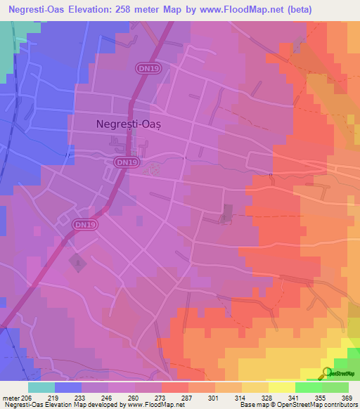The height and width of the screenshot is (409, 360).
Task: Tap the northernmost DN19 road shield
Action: [145, 67]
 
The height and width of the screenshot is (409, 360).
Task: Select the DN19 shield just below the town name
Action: [123, 162]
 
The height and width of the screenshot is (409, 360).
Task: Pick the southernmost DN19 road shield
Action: [83, 225]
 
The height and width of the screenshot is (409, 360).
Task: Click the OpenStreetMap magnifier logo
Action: [328, 373]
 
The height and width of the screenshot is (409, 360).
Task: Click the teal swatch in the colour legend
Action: [41, 387]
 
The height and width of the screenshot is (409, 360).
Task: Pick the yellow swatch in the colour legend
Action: [282, 387]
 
